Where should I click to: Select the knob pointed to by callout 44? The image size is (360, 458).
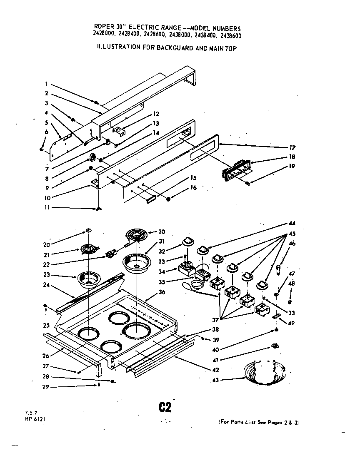coord(202,250)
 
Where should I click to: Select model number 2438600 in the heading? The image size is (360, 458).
coord(227,36)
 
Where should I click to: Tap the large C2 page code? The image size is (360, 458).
coord(164,406)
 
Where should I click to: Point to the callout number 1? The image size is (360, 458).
coord(47,82)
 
